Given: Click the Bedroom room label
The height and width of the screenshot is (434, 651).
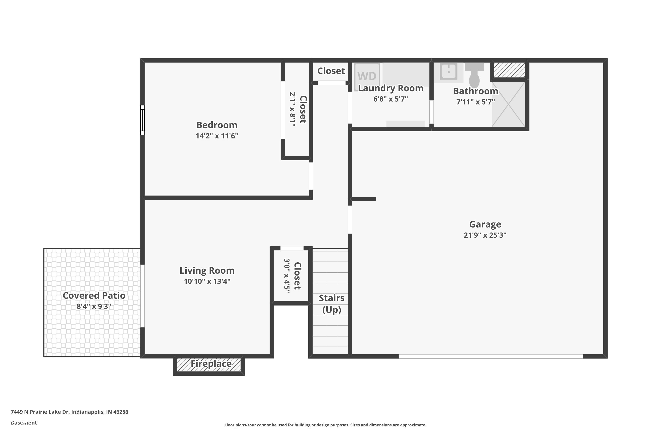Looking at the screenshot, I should [x=217, y=125].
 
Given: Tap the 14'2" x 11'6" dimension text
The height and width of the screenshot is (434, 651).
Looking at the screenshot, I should [x=217, y=136].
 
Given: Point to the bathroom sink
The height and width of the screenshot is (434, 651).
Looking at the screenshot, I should [x=448, y=71].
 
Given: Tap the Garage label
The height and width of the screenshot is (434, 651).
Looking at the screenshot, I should [x=485, y=224].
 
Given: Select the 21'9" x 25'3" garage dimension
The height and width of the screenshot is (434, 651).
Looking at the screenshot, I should [x=485, y=235].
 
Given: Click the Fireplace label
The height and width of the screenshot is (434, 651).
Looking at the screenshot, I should [x=211, y=364].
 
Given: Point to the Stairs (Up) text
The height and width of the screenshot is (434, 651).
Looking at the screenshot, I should [x=332, y=304].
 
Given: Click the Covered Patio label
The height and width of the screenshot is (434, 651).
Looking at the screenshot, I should [x=94, y=296].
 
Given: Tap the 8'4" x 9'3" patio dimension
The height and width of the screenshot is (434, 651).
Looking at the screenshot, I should [x=94, y=306].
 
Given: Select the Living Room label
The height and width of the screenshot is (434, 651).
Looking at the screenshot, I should [x=207, y=270].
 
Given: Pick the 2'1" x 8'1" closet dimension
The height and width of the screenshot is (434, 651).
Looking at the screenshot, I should [x=293, y=110].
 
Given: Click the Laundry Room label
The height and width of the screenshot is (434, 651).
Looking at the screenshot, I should [x=391, y=88].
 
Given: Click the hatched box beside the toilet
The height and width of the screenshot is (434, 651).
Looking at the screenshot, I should [x=509, y=70].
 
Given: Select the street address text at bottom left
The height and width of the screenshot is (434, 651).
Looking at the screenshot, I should [x=69, y=412].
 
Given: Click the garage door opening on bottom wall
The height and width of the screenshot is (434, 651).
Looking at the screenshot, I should [x=490, y=356].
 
